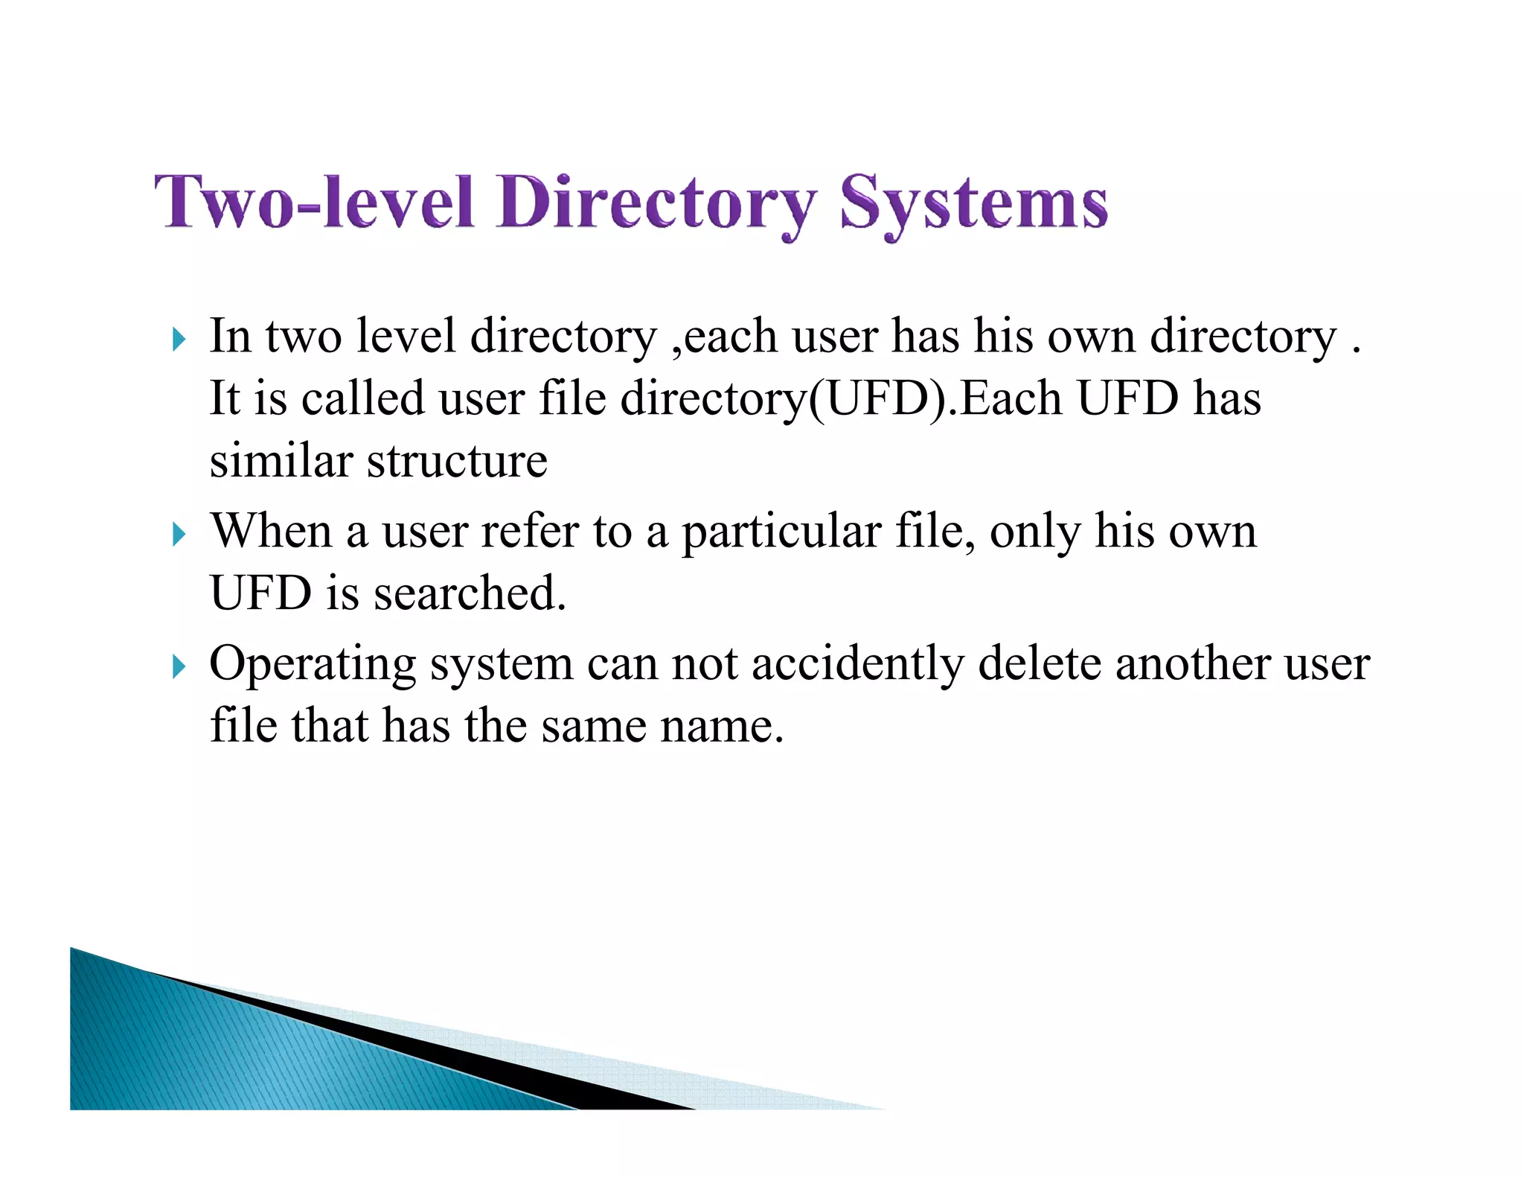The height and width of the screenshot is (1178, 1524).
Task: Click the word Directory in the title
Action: (657, 203)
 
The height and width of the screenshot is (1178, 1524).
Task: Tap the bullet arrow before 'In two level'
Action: (178, 340)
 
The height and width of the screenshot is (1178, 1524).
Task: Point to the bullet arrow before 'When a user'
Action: (178, 534)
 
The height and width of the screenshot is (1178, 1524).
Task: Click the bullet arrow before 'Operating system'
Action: (178, 666)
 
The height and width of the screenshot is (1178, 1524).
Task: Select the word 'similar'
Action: (281, 461)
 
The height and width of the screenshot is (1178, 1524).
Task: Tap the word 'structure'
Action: (457, 461)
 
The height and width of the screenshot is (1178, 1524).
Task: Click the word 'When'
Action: (271, 532)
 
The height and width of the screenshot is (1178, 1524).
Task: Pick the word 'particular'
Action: (781, 533)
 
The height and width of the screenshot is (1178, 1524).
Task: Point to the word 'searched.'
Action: (470, 593)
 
